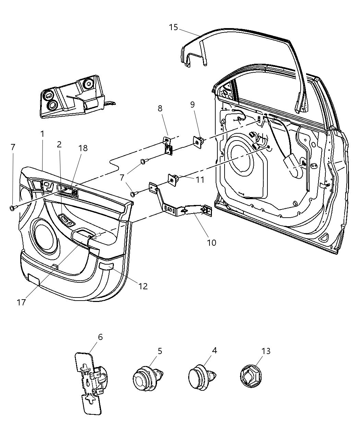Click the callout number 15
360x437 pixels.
173,27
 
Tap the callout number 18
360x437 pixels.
83,148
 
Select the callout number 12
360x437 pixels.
143,286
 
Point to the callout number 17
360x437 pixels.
21,302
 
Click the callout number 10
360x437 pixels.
212,243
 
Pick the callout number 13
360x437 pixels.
266,351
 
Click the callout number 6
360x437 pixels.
100,337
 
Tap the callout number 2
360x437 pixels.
59,144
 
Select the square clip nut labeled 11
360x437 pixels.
173,179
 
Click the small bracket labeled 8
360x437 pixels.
167,144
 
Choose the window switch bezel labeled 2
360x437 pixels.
67,220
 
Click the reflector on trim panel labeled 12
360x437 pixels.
106,266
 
